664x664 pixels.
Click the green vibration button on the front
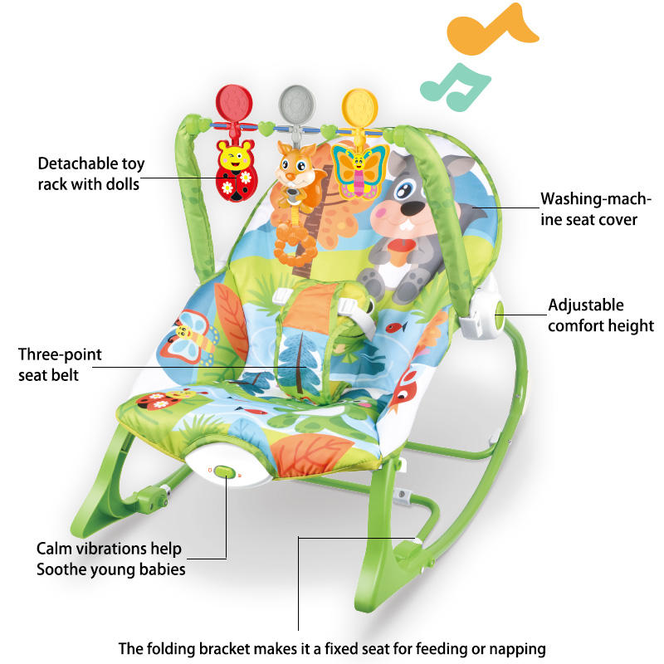pyautogui.click(x=224, y=472)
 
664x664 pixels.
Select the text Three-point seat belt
pyautogui.click(x=60, y=364)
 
